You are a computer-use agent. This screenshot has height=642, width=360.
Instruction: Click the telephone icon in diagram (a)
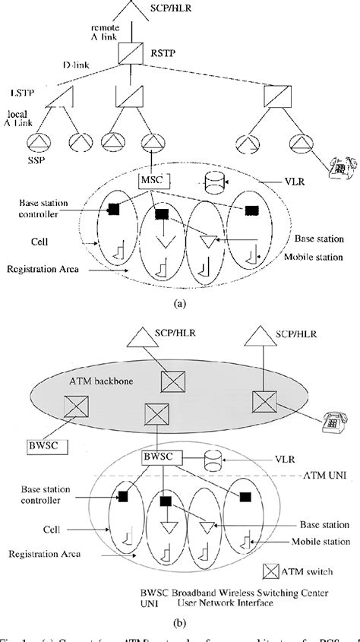coord(332,166)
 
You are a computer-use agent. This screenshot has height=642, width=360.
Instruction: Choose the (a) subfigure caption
coord(179,301)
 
